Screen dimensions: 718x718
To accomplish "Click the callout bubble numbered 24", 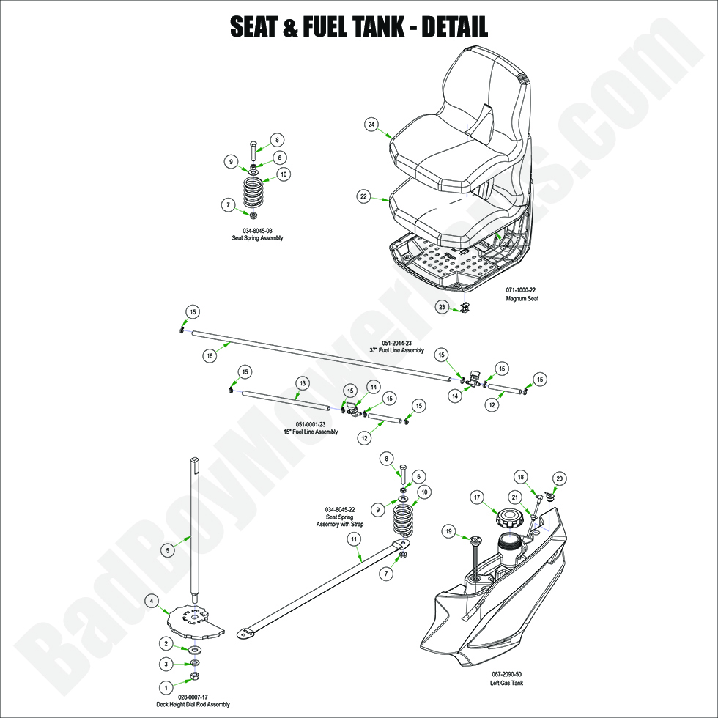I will (371, 125).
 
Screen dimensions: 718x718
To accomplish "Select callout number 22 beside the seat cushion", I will (363, 196).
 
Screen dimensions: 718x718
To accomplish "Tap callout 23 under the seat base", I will (442, 308).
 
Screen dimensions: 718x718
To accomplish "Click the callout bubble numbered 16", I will (209, 355).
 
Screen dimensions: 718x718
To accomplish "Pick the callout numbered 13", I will (301, 383).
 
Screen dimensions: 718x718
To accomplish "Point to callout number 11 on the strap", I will (354, 538).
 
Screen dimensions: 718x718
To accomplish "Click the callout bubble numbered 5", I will (167, 549).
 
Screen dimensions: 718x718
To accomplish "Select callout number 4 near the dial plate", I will (152, 601).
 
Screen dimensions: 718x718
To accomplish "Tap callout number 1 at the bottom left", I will (166, 687).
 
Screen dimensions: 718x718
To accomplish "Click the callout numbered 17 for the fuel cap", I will (476, 498).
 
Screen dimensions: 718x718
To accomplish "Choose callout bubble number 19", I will (449, 530).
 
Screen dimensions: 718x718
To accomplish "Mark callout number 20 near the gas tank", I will (560, 478).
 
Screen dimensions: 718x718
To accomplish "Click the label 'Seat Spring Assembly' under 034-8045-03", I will (257, 238).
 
